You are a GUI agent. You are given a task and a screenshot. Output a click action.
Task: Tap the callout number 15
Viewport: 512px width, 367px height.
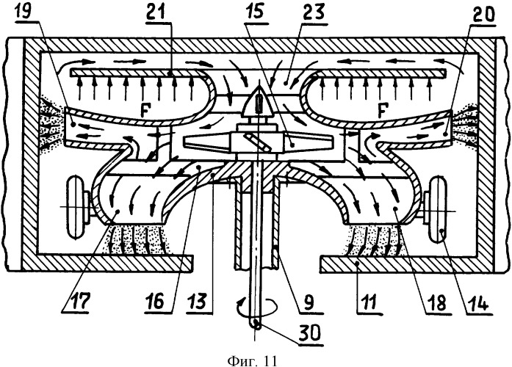click(256, 12)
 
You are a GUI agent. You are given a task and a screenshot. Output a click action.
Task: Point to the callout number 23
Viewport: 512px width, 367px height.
click(313, 13)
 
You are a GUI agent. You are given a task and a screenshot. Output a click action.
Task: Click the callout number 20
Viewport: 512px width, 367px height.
click(483, 13)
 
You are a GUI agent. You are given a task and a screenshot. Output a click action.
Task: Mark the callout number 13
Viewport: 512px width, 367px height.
click(197, 302)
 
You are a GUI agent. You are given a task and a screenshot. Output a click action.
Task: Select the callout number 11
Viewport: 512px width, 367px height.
click(369, 302)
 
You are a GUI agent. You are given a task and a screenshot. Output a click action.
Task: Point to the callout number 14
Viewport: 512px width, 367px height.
click(479, 302)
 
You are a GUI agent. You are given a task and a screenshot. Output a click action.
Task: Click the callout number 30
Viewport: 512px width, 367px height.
click(310, 333)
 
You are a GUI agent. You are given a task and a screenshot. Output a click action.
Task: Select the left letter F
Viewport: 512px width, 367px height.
click(144, 110)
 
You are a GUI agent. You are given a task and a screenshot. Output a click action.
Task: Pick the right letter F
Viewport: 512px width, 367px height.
click(381, 110)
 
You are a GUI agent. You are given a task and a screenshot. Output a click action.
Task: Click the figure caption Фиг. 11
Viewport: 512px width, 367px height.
click(252, 360)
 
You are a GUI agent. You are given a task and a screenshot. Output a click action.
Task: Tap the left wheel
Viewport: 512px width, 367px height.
click(76, 206)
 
